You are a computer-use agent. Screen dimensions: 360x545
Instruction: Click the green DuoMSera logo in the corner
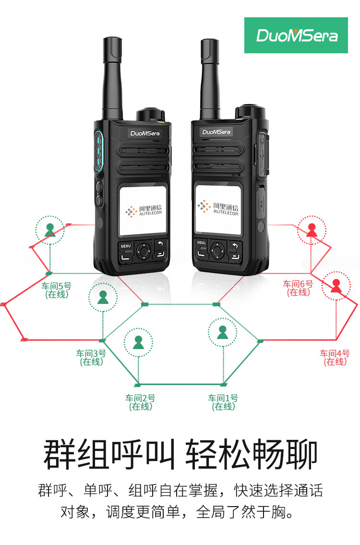pyautogui.click(x=296, y=36)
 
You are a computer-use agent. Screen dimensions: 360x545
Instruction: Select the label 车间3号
pyautogui.click(x=91, y=353)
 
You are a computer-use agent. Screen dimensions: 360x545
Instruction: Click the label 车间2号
pyautogui.click(x=141, y=398)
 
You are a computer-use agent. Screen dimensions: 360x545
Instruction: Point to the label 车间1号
pyautogui.click(x=223, y=398)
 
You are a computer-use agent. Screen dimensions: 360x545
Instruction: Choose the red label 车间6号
pyautogui.click(x=298, y=284)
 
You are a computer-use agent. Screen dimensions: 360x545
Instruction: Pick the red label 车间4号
pyautogui.click(x=335, y=353)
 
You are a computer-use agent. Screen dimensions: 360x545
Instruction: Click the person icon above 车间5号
pyautogui.click(x=50, y=230)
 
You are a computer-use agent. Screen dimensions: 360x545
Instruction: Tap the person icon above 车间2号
pyautogui.click(x=138, y=342)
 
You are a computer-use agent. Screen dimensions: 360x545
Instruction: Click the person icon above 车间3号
pyautogui.click(x=103, y=297)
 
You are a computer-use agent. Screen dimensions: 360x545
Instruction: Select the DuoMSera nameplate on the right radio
pyautogui.click(x=216, y=132)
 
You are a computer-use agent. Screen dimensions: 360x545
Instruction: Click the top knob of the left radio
pyautogui.click(x=150, y=115)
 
